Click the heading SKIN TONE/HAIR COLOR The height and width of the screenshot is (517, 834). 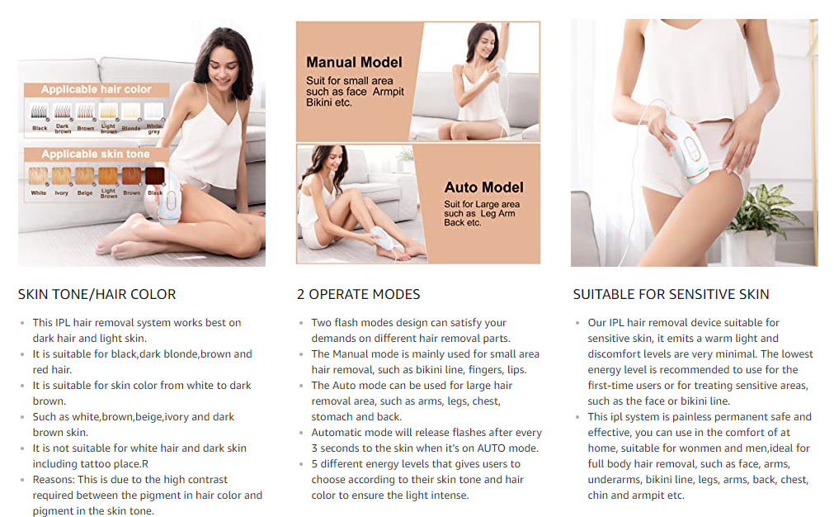(97, 295)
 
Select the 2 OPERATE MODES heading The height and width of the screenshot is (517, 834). (359, 295)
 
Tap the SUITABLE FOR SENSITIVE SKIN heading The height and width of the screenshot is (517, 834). (671, 295)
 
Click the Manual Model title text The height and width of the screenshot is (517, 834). (354, 62)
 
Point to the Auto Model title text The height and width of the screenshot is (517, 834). (484, 187)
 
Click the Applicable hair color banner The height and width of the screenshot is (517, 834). (97, 89)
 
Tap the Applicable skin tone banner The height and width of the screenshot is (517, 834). (96, 154)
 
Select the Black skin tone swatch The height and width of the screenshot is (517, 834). (155, 176)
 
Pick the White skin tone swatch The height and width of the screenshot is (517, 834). (38, 176)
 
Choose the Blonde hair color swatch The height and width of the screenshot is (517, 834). (131, 111)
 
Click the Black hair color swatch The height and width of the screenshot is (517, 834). (40, 111)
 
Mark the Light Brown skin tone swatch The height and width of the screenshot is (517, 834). (108, 176)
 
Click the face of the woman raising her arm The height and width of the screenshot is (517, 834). (485, 45)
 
